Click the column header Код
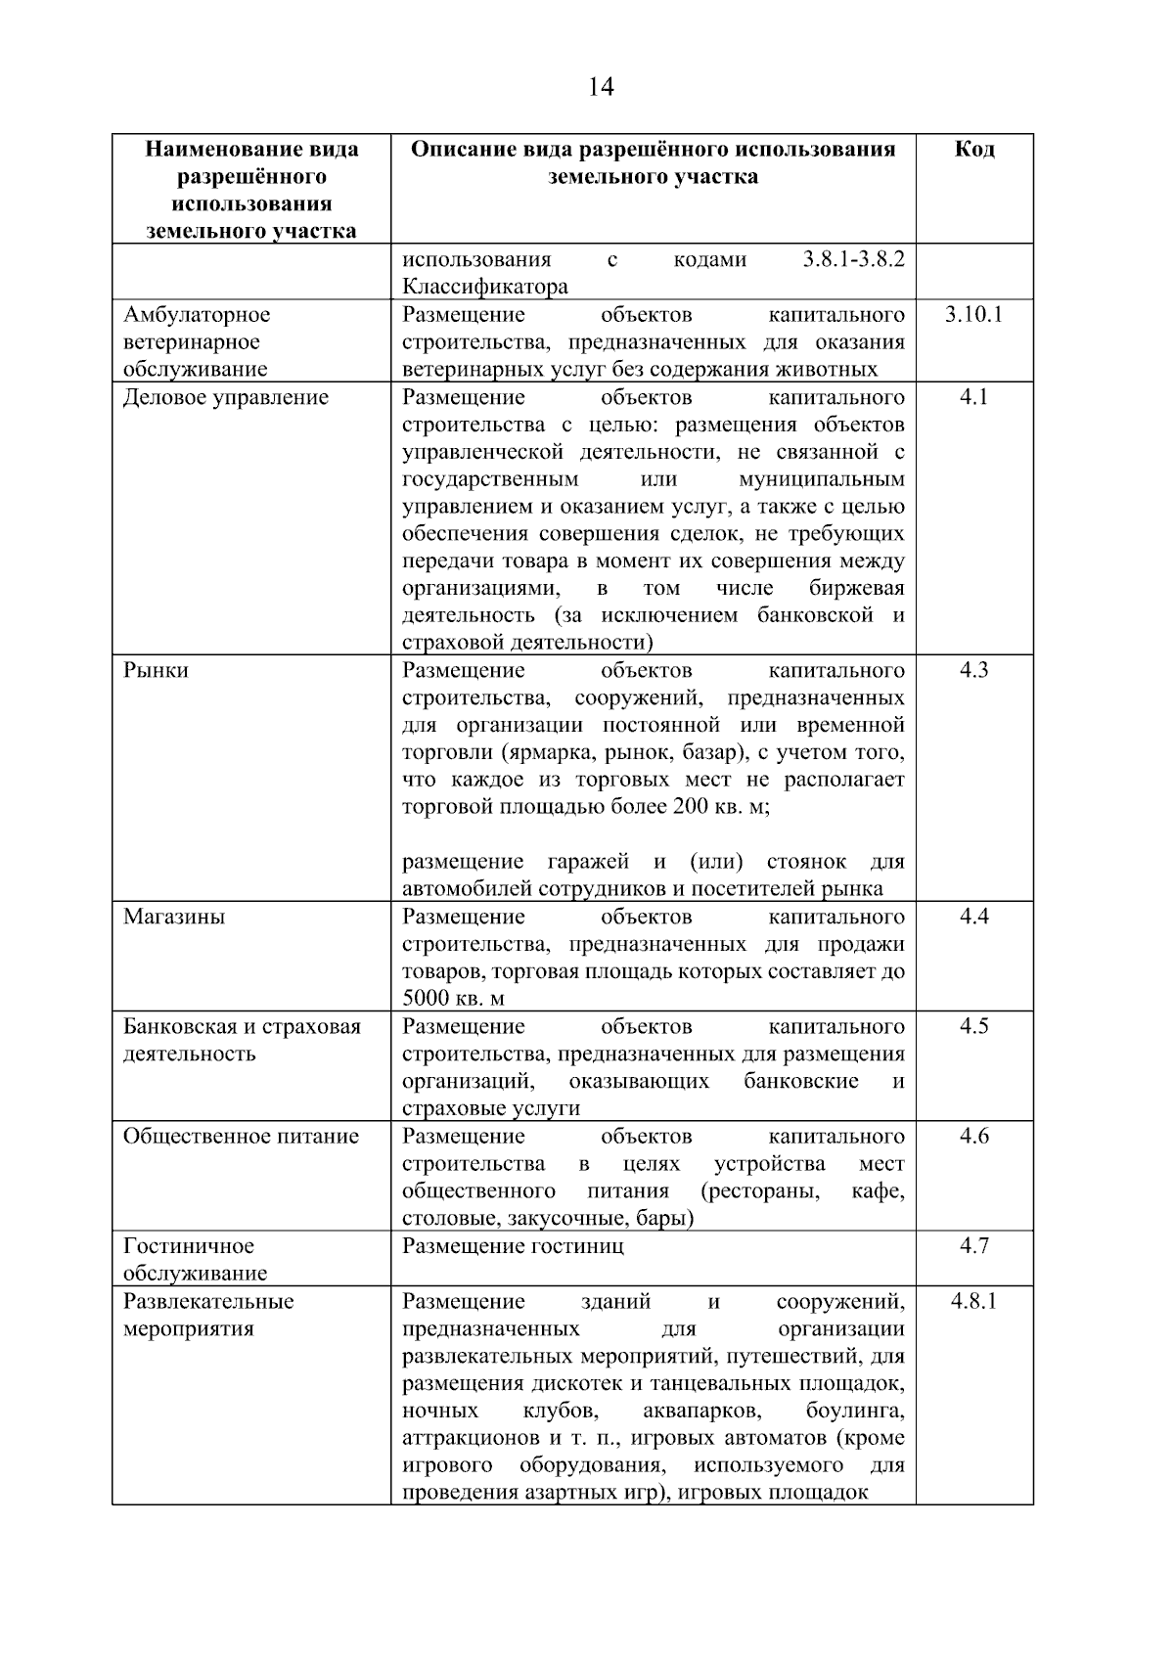pyautogui.click(x=973, y=150)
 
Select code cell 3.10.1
pyautogui.click(x=973, y=315)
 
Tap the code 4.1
pyautogui.click(x=973, y=397)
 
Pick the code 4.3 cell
pyautogui.click(x=973, y=670)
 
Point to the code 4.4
pyautogui.click(x=973, y=917)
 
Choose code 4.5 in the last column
pyautogui.click(x=973, y=1026)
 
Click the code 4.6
pyautogui.click(x=973, y=1136)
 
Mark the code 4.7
pyautogui.click(x=973, y=1245)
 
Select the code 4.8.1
pyautogui.click(x=973, y=1301)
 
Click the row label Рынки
pyautogui.click(x=156, y=671)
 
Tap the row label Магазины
pyautogui.click(x=174, y=918)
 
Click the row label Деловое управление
pyautogui.click(x=226, y=398)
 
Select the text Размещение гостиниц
pyautogui.click(x=513, y=1246)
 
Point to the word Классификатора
pyautogui.click(x=484, y=288)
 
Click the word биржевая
pyautogui.click(x=856, y=589)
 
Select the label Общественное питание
pyautogui.click(x=241, y=1137)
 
